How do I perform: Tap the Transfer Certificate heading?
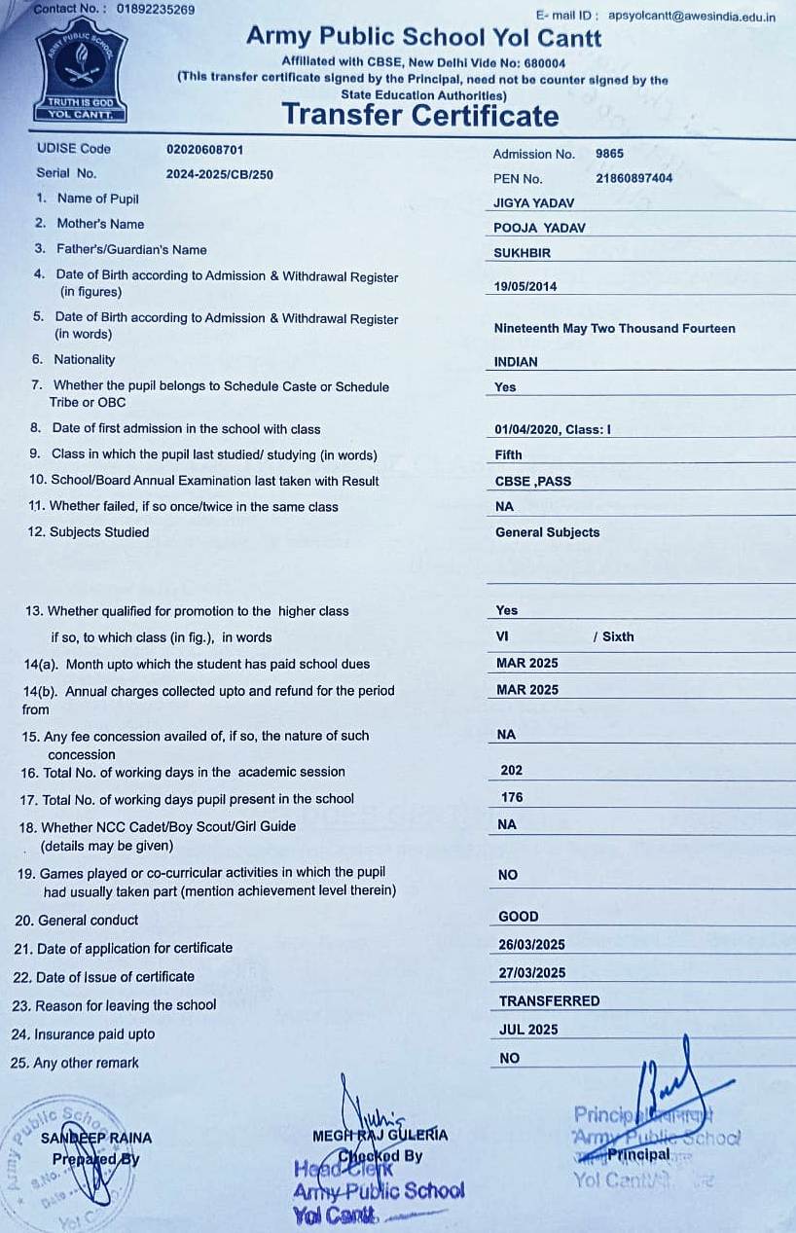(420, 116)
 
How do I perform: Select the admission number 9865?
(609, 154)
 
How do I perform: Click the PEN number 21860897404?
(633, 178)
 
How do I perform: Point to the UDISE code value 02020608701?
(205, 150)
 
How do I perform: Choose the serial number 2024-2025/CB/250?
(219, 174)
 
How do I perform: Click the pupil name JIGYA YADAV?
(534, 203)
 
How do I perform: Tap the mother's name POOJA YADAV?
(540, 228)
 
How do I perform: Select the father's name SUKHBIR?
(523, 252)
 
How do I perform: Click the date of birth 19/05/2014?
(525, 287)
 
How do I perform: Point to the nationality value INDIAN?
(516, 361)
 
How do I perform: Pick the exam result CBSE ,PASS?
(533, 481)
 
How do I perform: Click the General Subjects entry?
(547, 532)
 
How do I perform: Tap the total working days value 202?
(512, 770)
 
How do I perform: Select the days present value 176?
(512, 797)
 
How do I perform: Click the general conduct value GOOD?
(519, 917)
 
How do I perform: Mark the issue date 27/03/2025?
(531, 972)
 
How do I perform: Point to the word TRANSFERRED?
(549, 1000)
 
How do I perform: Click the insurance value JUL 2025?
(528, 1030)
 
